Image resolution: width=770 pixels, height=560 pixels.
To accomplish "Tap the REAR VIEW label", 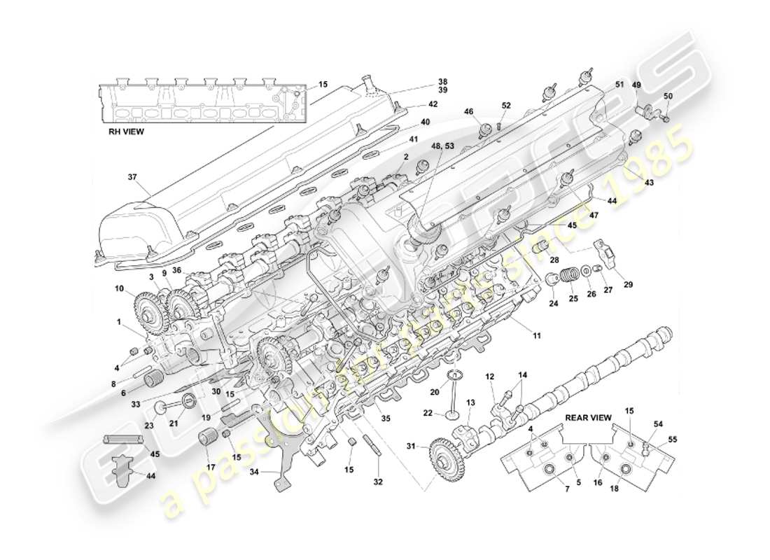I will pos(588,418).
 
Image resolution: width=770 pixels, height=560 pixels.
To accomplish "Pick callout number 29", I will pos(628,285).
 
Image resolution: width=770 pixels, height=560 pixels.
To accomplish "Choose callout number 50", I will pos(667,96).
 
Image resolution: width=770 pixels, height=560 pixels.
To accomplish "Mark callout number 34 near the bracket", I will pos(254,472).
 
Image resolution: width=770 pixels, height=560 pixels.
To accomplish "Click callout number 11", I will pos(537,337).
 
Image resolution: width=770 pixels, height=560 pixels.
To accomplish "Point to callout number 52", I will pos(506,106).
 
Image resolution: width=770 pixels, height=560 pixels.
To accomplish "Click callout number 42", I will pos(433,105).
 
